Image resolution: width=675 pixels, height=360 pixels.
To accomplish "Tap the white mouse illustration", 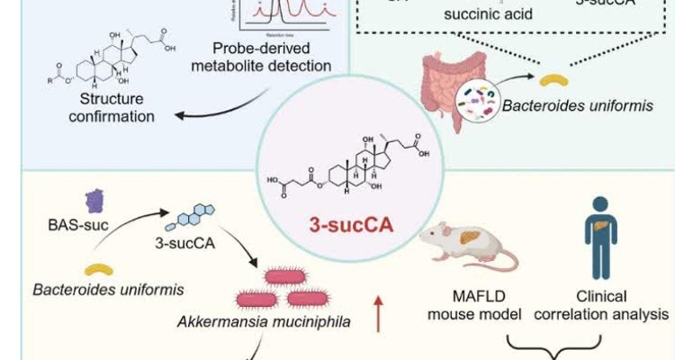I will pos(477,246).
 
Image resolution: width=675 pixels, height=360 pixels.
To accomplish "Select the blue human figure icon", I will pos(600,237).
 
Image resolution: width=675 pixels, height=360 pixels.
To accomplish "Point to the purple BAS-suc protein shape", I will pos(94,201).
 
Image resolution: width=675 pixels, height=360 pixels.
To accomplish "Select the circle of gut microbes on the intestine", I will pos(477,100).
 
